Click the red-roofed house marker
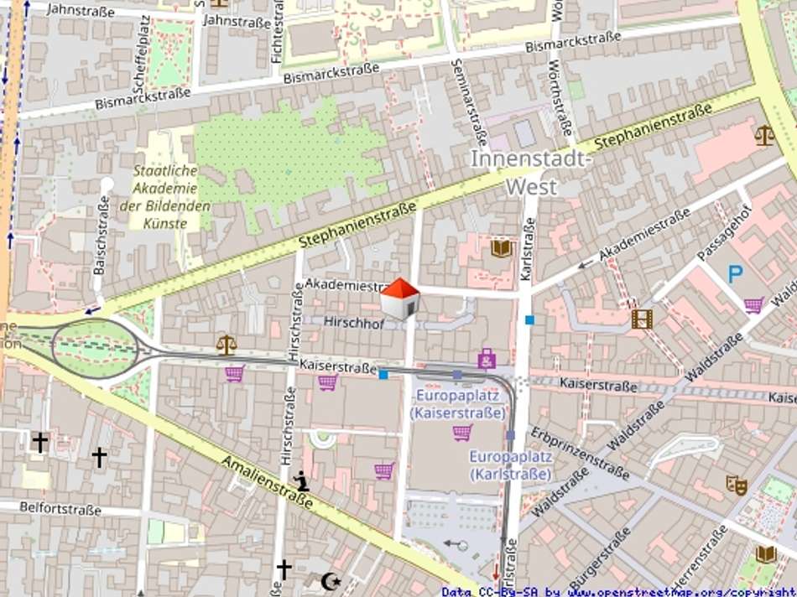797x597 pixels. (399, 298)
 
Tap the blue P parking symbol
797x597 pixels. (735, 273)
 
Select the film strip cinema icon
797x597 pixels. (642, 319)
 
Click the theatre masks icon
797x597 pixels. (737, 485)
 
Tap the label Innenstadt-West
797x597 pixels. (531, 173)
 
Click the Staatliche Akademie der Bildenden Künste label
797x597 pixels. (164, 198)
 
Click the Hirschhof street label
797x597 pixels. (355, 322)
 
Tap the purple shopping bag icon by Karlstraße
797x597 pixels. (487, 359)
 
